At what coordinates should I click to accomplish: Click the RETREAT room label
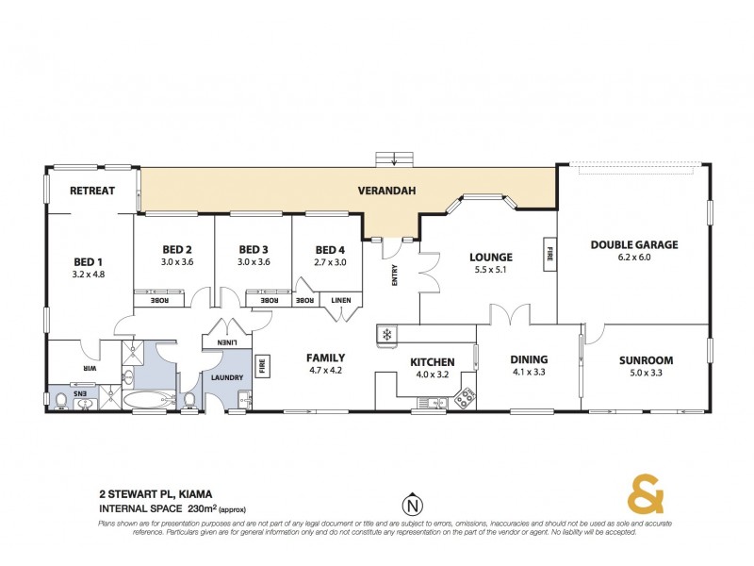(x=91, y=191)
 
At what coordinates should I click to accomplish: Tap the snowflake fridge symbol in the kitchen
(x=385, y=334)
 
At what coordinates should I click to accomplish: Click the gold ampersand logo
(x=645, y=495)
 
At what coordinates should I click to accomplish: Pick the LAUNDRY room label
(x=228, y=377)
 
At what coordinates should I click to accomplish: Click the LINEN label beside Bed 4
(x=339, y=301)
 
